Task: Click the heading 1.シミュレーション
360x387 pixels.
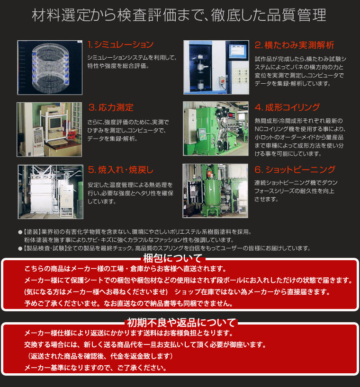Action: [121, 45]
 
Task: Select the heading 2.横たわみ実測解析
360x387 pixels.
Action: [294, 45]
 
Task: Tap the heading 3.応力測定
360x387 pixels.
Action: [110, 107]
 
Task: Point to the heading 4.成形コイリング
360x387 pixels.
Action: [287, 107]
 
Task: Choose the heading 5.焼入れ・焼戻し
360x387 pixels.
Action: [120, 169]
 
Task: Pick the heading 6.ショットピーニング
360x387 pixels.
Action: [295, 169]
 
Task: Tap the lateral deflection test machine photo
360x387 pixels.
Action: [216, 68]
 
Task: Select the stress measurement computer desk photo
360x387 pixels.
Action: [50, 129]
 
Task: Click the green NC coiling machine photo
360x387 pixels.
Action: [216, 129]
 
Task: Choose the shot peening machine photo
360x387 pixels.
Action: [216, 191]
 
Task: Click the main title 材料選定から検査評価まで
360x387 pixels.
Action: [179, 16]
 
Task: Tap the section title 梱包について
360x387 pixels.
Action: [173, 258]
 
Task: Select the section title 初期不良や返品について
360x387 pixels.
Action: [181, 323]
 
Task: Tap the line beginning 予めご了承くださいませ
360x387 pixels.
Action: [128, 303]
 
